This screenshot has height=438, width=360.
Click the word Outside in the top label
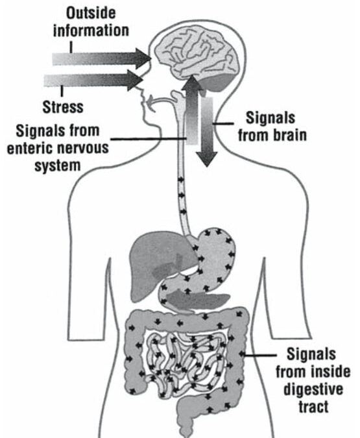click(x=91, y=13)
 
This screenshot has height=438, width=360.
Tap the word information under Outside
click(x=91, y=30)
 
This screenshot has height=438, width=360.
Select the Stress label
click(x=63, y=107)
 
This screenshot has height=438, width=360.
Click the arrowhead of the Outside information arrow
click(x=143, y=58)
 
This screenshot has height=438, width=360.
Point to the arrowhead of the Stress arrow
click(x=135, y=80)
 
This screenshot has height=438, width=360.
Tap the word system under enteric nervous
click(x=58, y=166)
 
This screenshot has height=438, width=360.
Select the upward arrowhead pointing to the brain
click(x=192, y=82)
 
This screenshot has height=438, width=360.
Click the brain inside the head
click(x=197, y=55)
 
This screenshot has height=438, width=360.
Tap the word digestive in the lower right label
click(x=313, y=389)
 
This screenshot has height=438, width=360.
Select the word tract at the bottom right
click(x=313, y=406)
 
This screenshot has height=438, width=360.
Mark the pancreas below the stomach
click(x=198, y=300)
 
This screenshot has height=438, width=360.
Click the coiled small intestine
click(x=186, y=363)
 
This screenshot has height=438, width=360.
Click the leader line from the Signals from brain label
click(x=223, y=123)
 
